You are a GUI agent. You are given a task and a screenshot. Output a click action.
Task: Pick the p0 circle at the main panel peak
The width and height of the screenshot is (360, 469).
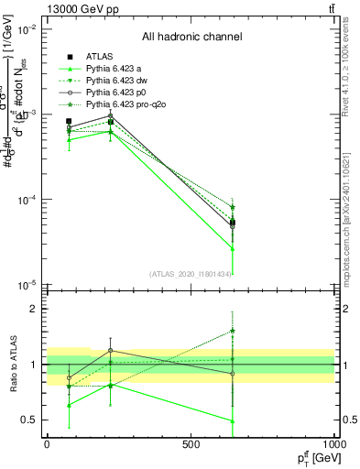click(x=111, y=115)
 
